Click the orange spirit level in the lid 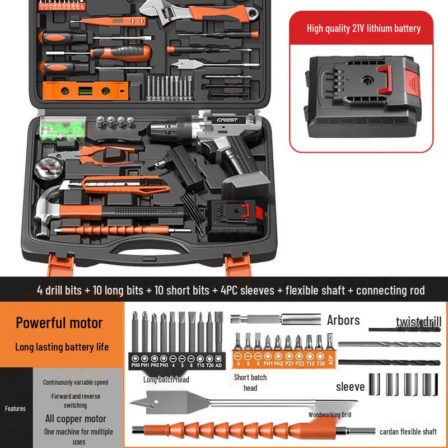[x=85, y=88]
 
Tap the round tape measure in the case [x=49, y=167]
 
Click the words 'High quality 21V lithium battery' [x=363, y=28]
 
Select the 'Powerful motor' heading [x=59, y=323]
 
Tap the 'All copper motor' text [x=76, y=418]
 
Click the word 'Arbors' [x=343, y=320]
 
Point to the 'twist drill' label [x=418, y=321]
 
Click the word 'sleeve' [x=350, y=386]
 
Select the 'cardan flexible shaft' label [x=408, y=432]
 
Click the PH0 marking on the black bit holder [x=135, y=365]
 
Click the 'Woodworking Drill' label [x=329, y=415]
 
